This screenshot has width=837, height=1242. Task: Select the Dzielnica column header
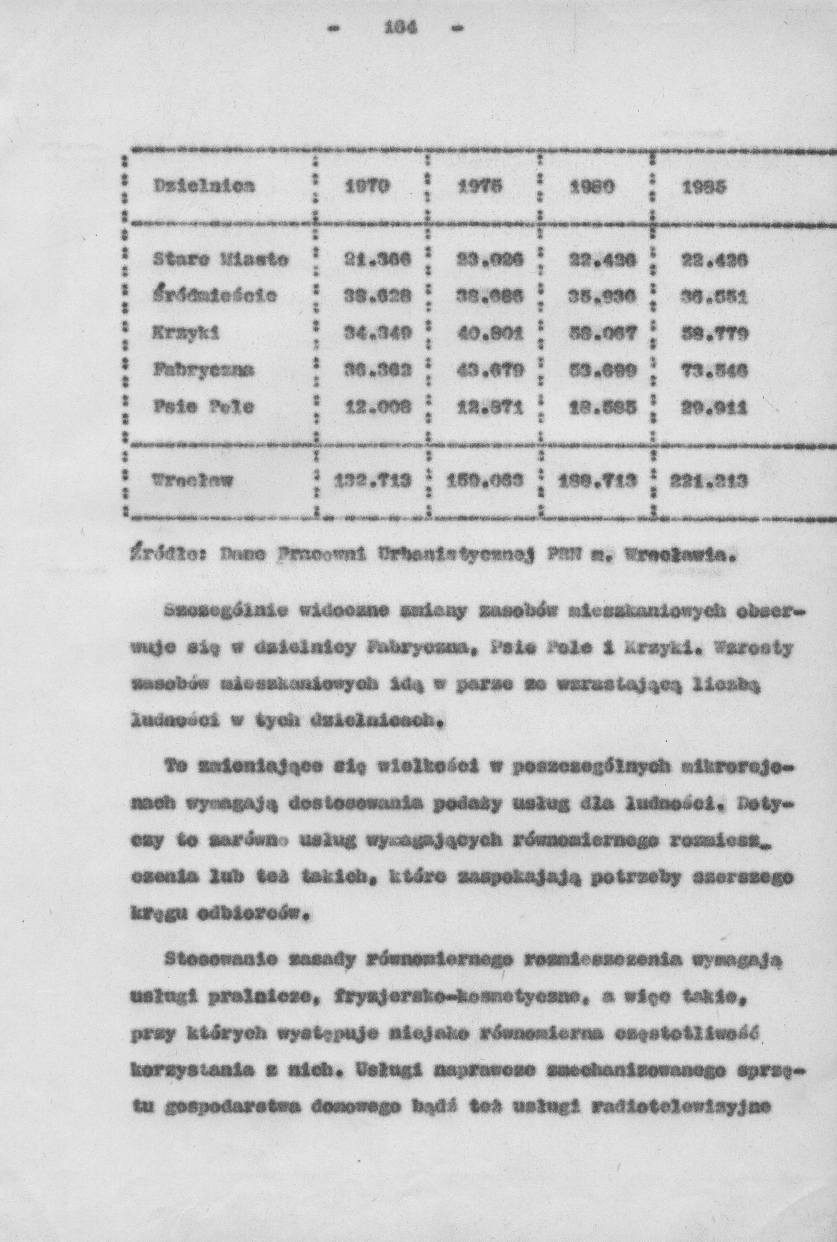pos(204,186)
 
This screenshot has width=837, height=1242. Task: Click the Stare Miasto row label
pos(221,260)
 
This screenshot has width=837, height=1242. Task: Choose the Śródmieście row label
pos(215,295)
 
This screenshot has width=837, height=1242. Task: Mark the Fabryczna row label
pos(204,369)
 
